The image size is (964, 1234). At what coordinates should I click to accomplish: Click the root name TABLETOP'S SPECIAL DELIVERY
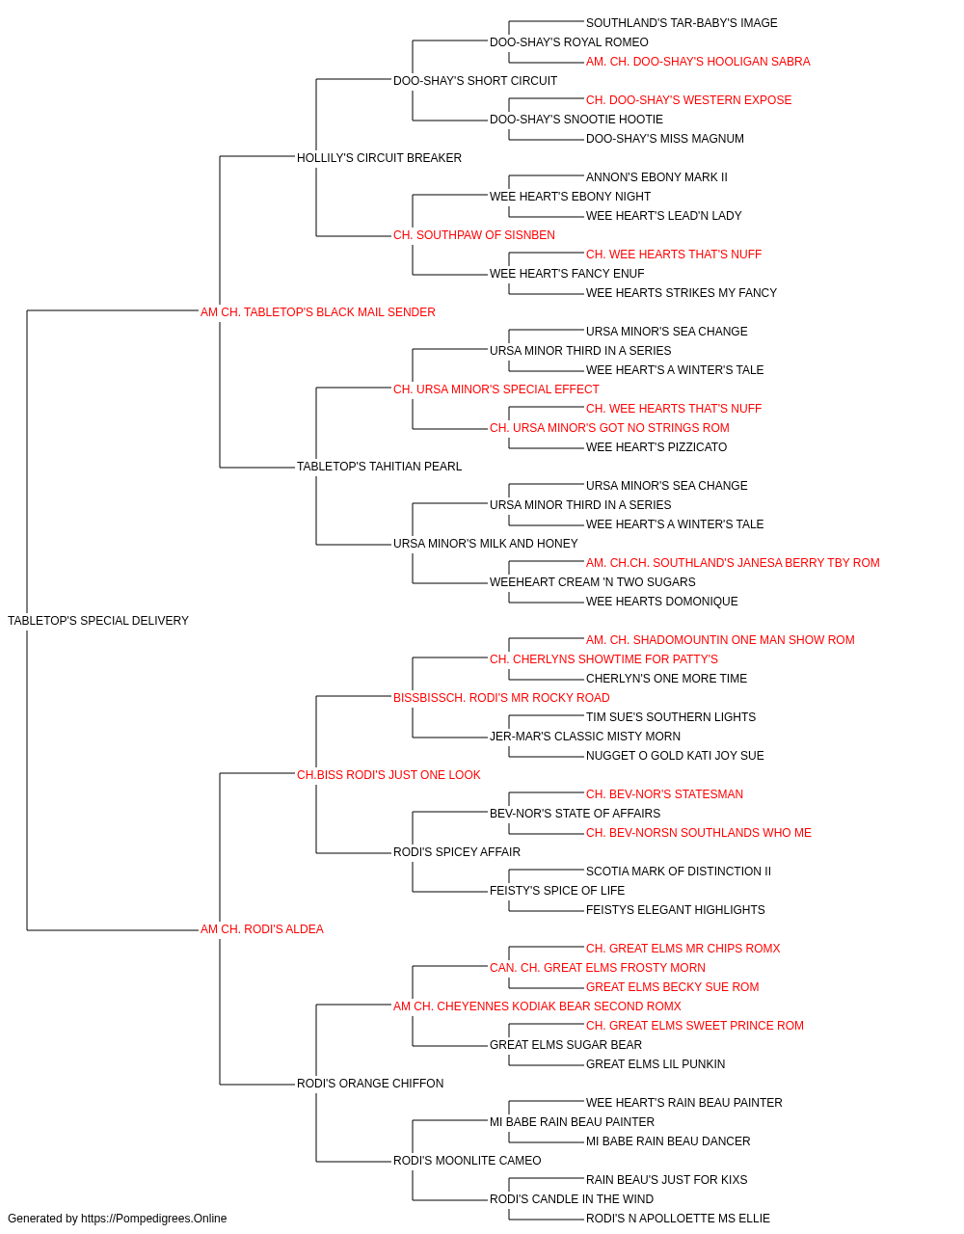pyautogui.click(x=98, y=621)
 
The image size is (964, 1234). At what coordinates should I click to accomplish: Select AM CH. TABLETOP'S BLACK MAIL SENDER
pyautogui.click(x=318, y=312)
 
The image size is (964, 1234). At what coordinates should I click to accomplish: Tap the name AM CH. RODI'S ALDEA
pyautogui.click(x=261, y=929)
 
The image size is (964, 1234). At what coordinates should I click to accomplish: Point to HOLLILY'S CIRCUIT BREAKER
pyautogui.click(x=379, y=158)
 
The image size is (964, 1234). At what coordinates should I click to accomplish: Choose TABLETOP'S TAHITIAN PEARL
pyautogui.click(x=379, y=467)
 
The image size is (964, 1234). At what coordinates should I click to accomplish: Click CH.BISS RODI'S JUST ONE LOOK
pyautogui.click(x=388, y=775)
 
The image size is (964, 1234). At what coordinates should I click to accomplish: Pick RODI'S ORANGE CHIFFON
pyautogui.click(x=370, y=1084)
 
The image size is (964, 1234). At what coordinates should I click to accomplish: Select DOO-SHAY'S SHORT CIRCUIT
pyautogui.click(x=475, y=81)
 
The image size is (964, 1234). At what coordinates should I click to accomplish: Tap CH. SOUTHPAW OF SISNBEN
pyautogui.click(x=474, y=235)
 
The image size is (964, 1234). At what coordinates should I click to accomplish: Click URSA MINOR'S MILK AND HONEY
pyautogui.click(x=486, y=544)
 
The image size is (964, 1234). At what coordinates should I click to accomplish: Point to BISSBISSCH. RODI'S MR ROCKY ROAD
pyautogui.click(x=501, y=698)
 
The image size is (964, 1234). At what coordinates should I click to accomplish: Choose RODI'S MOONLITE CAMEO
pyautogui.click(x=468, y=1161)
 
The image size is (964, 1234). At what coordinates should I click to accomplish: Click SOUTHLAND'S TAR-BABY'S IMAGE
pyautogui.click(x=682, y=23)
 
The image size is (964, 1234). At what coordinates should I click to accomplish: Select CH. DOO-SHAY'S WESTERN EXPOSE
pyautogui.click(x=688, y=100)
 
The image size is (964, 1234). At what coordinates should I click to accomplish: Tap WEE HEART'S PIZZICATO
pyautogui.click(x=656, y=447)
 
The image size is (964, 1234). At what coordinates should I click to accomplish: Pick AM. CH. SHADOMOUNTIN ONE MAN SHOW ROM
pyautogui.click(x=720, y=640)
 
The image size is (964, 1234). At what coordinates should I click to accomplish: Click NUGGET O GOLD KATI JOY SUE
pyautogui.click(x=675, y=756)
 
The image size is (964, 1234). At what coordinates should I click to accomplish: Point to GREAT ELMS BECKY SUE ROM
pyautogui.click(x=672, y=987)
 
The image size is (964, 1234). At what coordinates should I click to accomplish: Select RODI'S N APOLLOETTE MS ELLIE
pyautogui.click(x=678, y=1219)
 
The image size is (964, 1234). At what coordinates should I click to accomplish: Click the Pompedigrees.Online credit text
pyautogui.click(x=117, y=1219)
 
